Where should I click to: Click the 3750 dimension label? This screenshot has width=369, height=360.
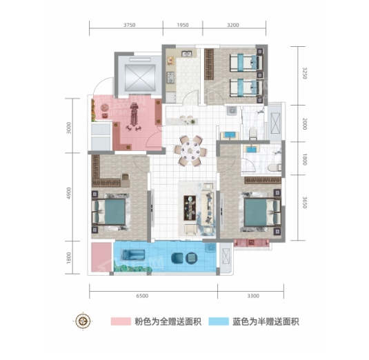(130, 25)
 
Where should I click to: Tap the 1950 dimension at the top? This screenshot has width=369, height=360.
(183, 25)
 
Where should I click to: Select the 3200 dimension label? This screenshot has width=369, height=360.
(233, 25)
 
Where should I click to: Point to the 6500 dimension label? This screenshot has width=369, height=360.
(142, 296)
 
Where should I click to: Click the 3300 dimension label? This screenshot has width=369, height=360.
(253, 296)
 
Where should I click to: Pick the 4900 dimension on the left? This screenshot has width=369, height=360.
(69, 193)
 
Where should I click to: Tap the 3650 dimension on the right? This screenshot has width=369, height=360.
(305, 202)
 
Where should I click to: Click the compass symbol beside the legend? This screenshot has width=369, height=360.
(83, 321)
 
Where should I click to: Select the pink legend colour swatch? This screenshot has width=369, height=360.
(121, 321)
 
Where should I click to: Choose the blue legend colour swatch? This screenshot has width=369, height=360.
(219, 321)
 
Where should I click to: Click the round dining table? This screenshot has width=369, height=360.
(190, 150)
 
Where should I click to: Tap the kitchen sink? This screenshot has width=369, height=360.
(187, 54)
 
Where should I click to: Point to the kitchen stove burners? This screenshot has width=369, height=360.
(170, 77)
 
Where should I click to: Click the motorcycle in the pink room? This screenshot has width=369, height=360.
(134, 116)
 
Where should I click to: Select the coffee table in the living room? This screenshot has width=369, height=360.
(190, 208)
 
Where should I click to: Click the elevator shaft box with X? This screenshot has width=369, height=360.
(140, 78)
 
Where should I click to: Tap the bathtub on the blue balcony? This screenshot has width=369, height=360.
(133, 255)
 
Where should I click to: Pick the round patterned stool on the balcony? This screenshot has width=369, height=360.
(191, 258)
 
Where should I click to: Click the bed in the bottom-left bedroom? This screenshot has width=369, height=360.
(108, 212)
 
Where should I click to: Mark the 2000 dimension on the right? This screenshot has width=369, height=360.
(305, 124)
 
